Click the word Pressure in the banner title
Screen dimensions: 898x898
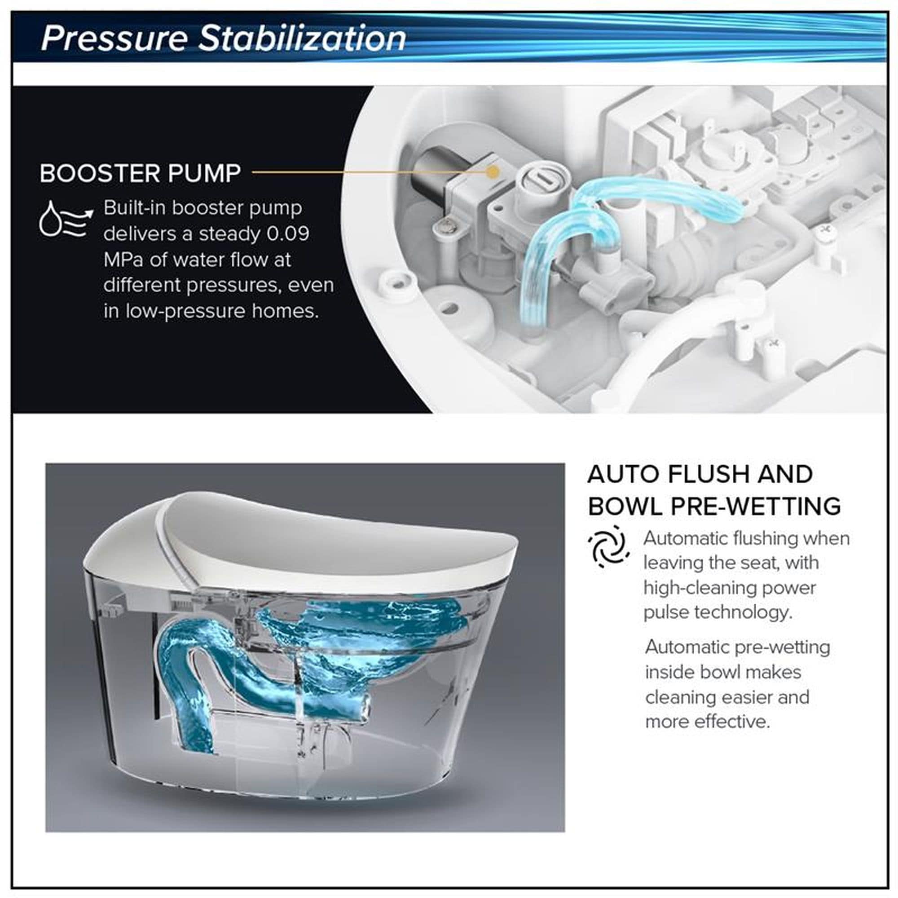(114, 38)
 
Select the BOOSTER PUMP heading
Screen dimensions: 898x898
(141, 173)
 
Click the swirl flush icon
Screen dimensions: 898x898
(609, 546)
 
